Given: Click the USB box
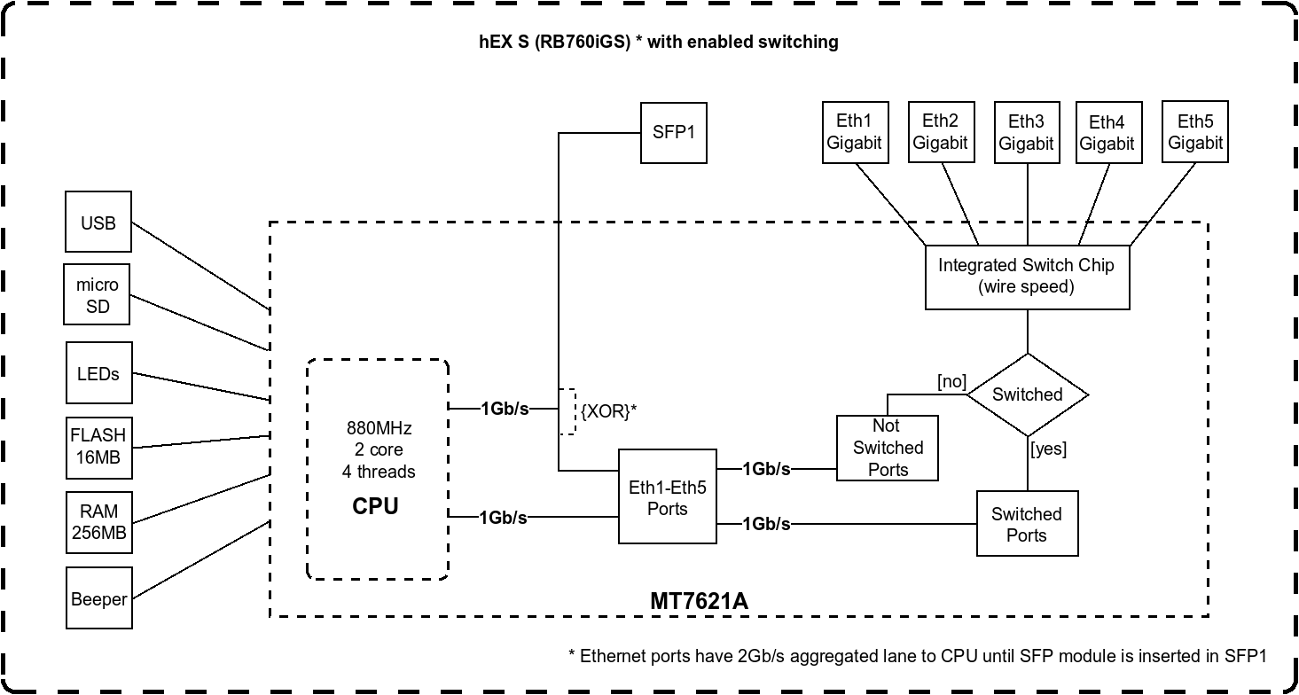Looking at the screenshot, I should (98, 222).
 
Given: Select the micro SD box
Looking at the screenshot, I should (98, 295).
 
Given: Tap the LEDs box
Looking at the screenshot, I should (98, 373).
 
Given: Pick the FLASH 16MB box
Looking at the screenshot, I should (98, 447).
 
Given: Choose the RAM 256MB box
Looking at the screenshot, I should (98, 523).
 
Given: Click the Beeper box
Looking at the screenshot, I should (98, 599).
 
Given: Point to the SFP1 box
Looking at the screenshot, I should (674, 133).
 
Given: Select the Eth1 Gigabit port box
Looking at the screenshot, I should (855, 132).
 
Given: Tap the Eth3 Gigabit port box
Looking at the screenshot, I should (1027, 132).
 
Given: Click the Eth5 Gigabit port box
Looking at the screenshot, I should (1195, 131).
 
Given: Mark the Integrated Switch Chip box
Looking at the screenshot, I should (1027, 276).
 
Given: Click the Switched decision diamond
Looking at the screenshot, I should (1027, 394).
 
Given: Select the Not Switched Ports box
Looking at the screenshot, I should (888, 448).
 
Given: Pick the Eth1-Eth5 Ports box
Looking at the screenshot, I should (668, 497).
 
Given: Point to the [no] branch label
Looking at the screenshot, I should (951, 381).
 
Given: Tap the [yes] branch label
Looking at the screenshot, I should (1048, 449).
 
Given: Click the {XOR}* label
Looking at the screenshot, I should (609, 411).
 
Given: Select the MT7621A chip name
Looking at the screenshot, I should (700, 601).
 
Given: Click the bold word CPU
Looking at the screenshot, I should (376, 506).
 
